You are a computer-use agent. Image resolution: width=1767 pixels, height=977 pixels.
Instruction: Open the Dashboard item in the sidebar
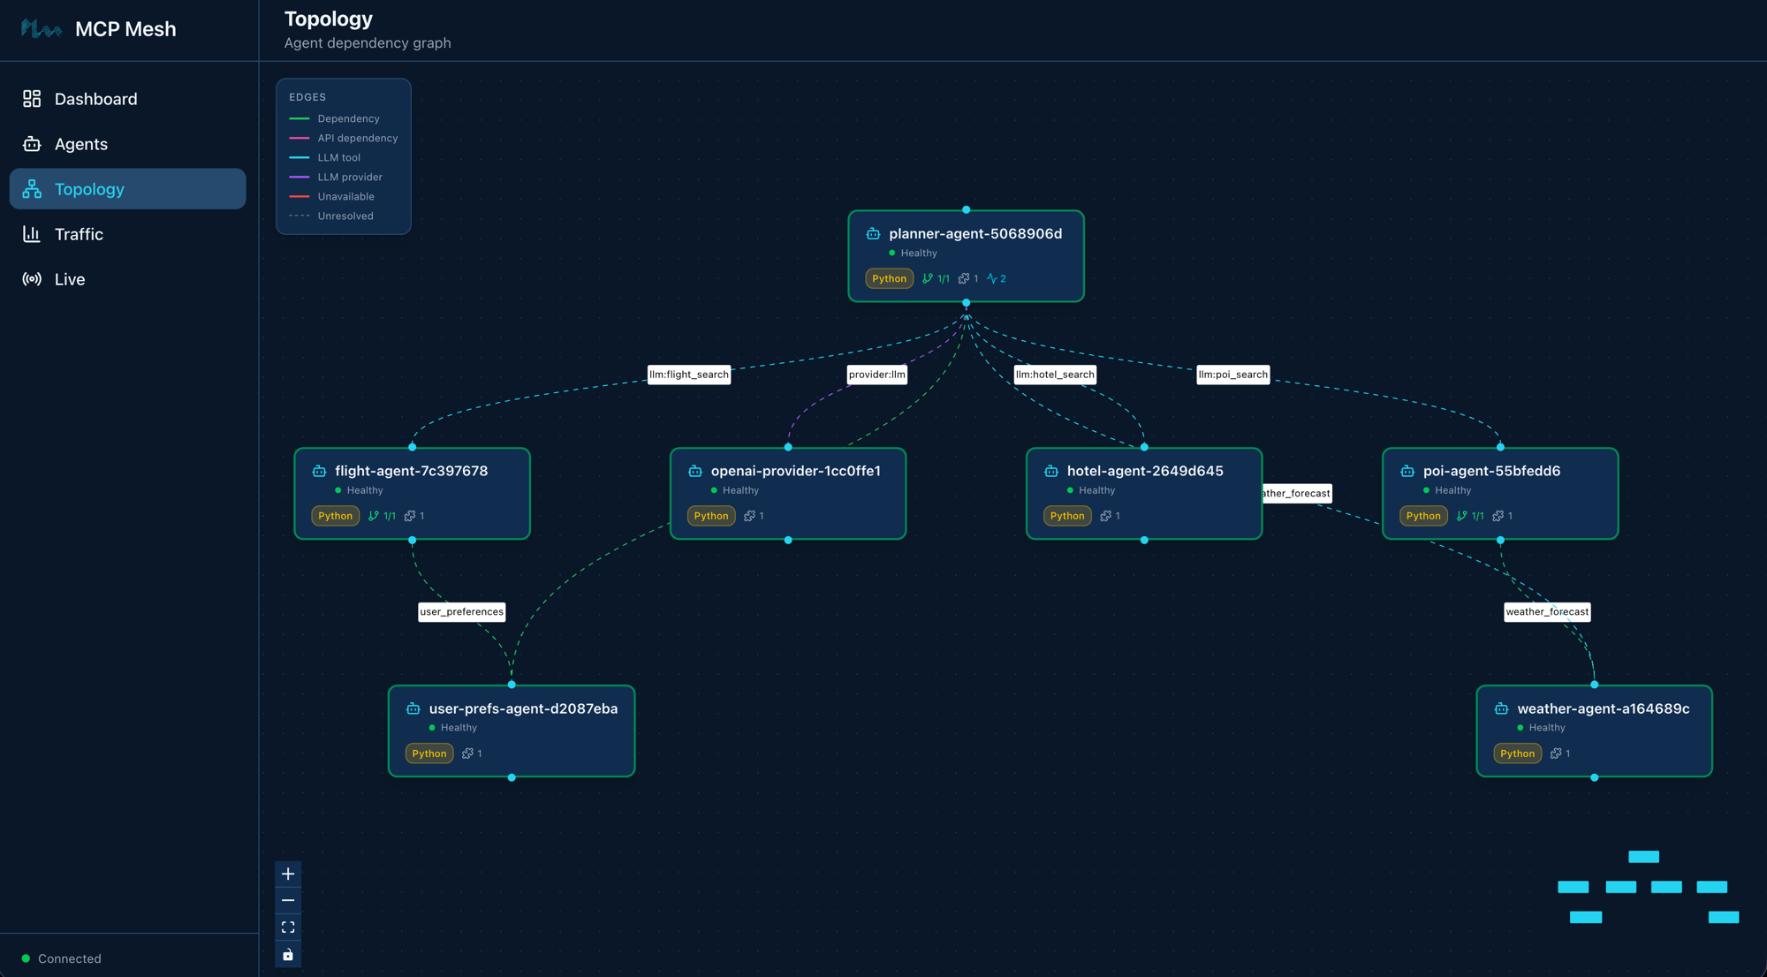coord(95,99)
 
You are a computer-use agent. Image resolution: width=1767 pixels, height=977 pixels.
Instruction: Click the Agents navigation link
coord(80,144)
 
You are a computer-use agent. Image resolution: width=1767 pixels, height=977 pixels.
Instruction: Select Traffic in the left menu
coord(79,234)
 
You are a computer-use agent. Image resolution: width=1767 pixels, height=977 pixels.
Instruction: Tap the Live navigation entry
coord(69,279)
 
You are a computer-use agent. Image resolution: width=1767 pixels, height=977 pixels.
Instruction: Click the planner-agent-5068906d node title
coord(975,233)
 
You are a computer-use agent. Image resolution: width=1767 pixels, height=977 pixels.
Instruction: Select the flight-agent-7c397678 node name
coord(411,471)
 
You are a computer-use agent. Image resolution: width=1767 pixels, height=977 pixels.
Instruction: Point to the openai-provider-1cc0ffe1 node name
coord(795,471)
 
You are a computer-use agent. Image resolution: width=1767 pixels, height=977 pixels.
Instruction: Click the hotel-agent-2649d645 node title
coord(1144,471)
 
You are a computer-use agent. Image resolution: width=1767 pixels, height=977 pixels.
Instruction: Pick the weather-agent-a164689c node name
coord(1603,708)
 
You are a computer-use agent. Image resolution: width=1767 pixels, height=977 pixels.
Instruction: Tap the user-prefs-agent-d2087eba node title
coord(523,708)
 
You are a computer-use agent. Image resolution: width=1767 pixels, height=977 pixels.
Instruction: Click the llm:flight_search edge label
coord(689,375)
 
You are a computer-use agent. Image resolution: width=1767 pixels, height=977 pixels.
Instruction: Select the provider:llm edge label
coord(876,375)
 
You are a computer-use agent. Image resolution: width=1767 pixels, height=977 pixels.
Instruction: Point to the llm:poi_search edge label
coord(1232,375)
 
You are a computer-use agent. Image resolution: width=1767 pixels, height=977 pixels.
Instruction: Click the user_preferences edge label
coord(461,611)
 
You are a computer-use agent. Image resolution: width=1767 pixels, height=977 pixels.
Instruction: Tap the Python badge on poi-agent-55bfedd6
coord(1422,516)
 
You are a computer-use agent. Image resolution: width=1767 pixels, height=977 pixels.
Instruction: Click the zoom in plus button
coord(288,874)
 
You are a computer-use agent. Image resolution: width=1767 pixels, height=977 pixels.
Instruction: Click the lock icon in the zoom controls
coord(288,955)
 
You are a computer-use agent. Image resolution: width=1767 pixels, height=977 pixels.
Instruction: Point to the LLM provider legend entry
coord(349,177)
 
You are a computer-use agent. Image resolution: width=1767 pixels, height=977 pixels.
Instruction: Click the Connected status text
coord(69,958)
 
